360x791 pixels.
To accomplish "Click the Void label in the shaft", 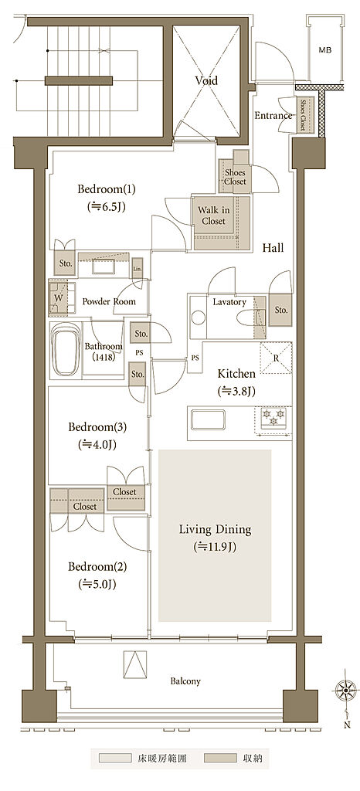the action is coord(205,80).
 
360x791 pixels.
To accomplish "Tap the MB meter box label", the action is coord(324,50).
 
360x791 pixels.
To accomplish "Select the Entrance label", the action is coord(273,116).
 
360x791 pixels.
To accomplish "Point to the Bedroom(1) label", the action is coord(107,189).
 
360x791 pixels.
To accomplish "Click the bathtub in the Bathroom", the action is coord(66,349).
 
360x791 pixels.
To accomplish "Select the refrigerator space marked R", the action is coord(276,358).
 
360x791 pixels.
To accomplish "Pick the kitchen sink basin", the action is coord(208,419).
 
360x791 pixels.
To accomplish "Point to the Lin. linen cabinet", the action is coord(138,268).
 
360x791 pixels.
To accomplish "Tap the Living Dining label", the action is coord(216,530).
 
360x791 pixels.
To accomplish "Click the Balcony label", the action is coord(185,681).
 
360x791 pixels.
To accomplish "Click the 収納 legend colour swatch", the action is coord(221,758).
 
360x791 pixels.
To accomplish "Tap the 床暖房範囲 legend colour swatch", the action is coord(115,758).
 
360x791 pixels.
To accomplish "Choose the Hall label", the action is coord(273,248).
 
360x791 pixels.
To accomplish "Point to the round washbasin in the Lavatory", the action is coord(198,317).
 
